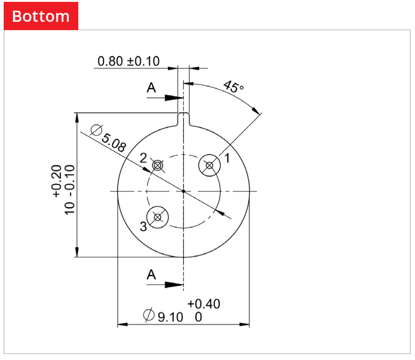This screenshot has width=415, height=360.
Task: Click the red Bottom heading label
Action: pyautogui.click(x=41, y=16)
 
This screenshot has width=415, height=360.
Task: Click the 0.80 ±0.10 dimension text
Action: pyautogui.click(x=128, y=61)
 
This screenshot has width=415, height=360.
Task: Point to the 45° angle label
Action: pyautogui.click(x=233, y=87)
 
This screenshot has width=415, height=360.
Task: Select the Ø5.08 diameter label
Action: pyautogui.click(x=109, y=138)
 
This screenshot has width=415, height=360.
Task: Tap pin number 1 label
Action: pyautogui.click(x=227, y=158)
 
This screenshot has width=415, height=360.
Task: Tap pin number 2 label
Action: pyautogui.click(x=144, y=158)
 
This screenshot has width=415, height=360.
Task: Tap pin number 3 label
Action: pyautogui.click(x=143, y=227)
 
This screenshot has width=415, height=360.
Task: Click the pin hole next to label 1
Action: pyautogui.click(x=210, y=165)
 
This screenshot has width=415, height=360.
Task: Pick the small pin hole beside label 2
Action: pyautogui.click(x=158, y=165)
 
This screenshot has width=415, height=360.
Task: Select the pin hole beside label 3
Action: pyautogui.click(x=157, y=217)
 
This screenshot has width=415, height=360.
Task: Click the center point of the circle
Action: pyautogui.click(x=184, y=191)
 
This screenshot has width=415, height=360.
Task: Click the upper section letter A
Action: pyautogui.click(x=151, y=88)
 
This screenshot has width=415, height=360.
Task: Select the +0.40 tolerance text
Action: pyautogui.click(x=204, y=304)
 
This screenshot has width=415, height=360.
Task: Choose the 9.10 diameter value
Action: pyautogui.click(x=170, y=317)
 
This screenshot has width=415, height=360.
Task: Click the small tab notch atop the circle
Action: pyautogui.click(x=184, y=118)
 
